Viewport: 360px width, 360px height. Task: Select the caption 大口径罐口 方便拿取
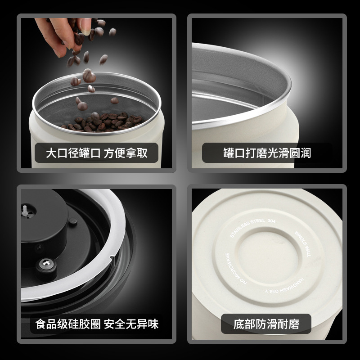tap(97, 153)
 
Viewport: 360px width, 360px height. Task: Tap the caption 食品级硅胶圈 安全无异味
tap(97, 324)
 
